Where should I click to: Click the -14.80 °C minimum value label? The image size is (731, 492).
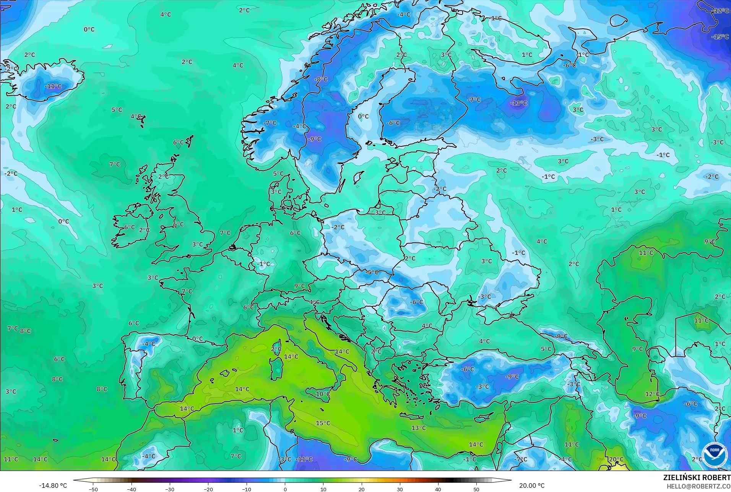tap(53, 486)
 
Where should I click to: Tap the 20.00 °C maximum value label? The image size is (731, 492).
tap(532, 486)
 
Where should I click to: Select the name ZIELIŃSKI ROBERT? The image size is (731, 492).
tap(697, 478)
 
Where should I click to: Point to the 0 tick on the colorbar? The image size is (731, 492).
tap(285, 489)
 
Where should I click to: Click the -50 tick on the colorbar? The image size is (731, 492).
tap(93, 489)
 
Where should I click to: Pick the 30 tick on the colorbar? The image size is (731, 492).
tap(400, 489)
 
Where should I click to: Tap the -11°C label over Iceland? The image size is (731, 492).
tap(53, 86)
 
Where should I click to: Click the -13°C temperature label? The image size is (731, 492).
tap(518, 103)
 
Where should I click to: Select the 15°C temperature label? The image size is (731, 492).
tap(323, 423)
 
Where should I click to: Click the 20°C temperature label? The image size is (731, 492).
tap(616, 460)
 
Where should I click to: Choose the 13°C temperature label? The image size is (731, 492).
tap(418, 428)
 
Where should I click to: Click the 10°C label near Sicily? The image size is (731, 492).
tap(323, 394)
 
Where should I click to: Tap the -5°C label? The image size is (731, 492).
tap(372, 273)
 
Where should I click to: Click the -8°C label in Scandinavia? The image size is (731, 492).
tap(321, 80)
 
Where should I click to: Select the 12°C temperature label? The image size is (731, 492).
tap(652, 394)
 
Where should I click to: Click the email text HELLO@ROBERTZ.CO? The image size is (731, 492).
tap(699, 486)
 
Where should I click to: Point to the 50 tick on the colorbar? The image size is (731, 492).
tap(476, 489)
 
